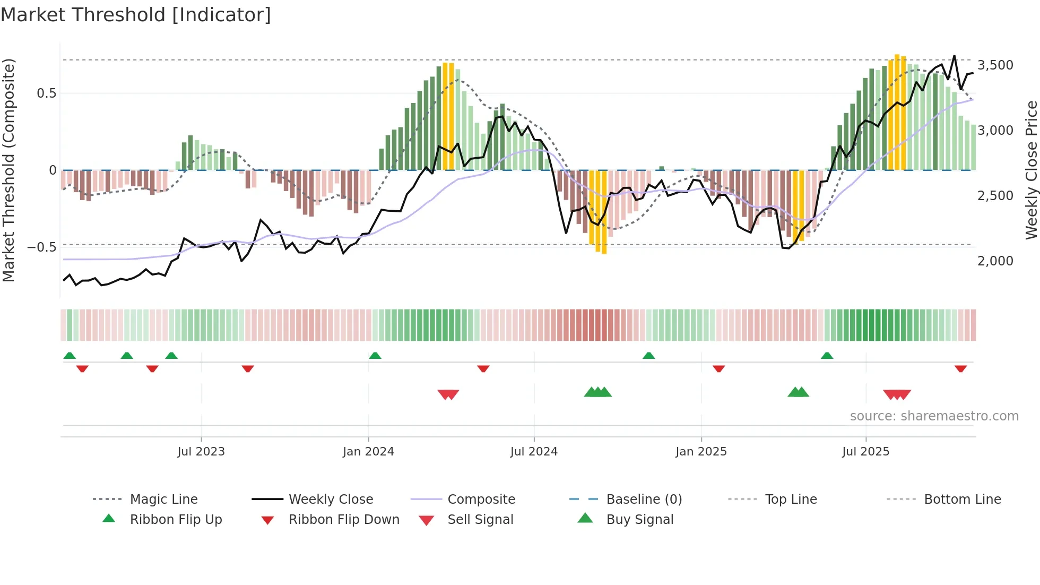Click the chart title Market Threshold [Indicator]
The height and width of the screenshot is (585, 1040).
(136, 15)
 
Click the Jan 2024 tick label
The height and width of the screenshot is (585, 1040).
(368, 452)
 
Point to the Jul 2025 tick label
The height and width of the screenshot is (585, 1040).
(865, 452)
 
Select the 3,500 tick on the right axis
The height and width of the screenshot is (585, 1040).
(995, 65)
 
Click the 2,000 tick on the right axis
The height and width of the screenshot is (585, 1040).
(995, 261)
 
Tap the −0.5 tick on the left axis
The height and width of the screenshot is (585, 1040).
(42, 247)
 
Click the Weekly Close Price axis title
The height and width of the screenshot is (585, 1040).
(1031, 170)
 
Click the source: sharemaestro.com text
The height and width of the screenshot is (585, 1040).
(934, 416)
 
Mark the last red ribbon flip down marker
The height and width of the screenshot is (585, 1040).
(960, 368)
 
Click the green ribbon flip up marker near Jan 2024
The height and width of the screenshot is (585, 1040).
(375, 356)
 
